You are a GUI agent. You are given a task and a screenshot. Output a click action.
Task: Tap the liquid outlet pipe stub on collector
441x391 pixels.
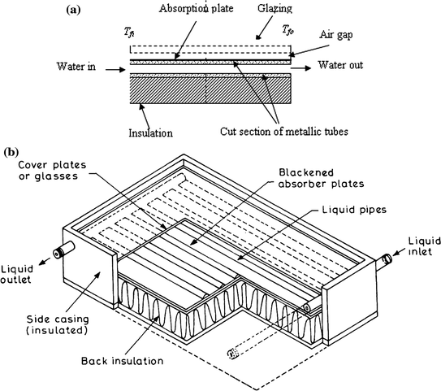[59, 253]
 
